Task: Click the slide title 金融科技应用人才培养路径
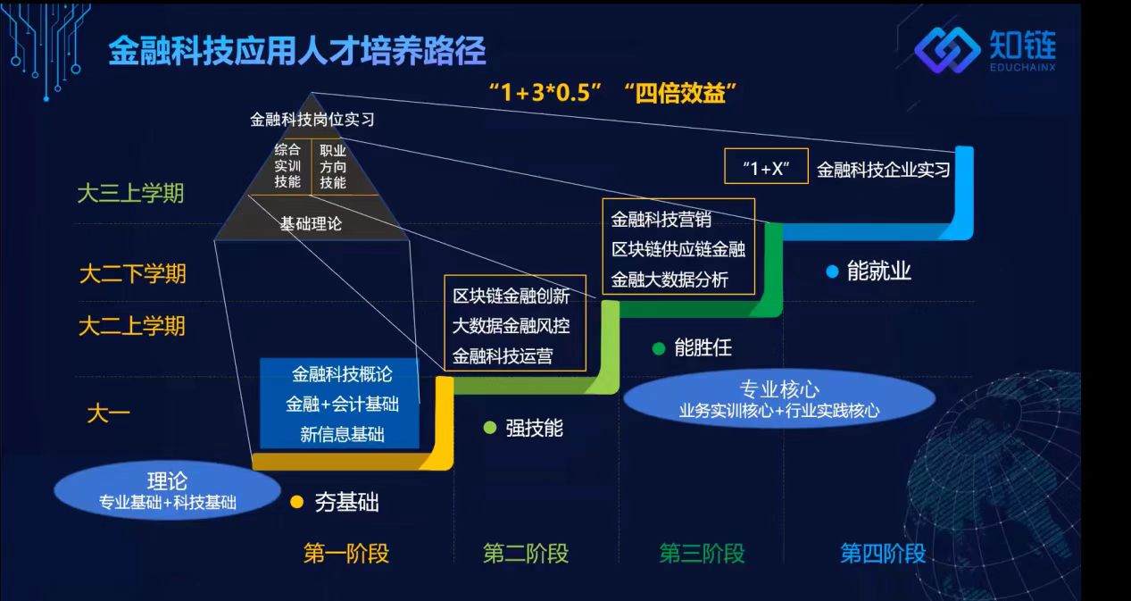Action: (x=297, y=51)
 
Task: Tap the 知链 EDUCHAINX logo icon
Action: (x=947, y=50)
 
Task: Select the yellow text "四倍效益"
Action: (x=680, y=93)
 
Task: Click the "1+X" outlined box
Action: (x=766, y=165)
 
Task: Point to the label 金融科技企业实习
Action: (x=884, y=170)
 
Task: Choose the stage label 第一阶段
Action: (x=346, y=553)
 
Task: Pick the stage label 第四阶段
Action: (x=883, y=553)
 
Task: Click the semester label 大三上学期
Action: (x=130, y=194)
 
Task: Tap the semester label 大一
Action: (x=108, y=413)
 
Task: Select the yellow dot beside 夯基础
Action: (x=297, y=502)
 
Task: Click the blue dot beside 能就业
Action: (x=832, y=271)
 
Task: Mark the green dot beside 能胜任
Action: (x=659, y=348)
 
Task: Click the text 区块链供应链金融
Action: (x=678, y=249)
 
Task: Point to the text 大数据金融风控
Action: (x=511, y=326)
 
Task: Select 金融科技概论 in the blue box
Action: (x=342, y=374)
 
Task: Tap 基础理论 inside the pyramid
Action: (x=311, y=224)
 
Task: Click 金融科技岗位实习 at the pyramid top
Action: (x=312, y=120)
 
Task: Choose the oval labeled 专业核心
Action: (x=779, y=398)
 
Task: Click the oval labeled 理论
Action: (x=167, y=489)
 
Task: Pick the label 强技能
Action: (x=534, y=429)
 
